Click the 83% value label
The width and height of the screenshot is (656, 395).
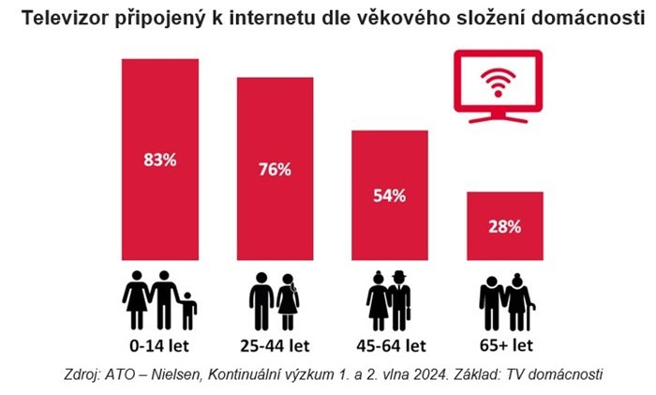[x=160, y=160]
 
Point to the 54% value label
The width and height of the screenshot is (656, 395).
[x=391, y=196]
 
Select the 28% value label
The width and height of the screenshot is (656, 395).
[x=504, y=226]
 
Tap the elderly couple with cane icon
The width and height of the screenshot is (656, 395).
[x=505, y=300]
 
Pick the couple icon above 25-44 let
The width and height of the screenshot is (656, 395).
[x=276, y=300]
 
